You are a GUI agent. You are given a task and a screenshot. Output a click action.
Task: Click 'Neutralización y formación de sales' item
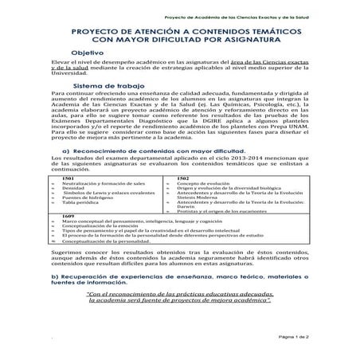pyautogui.click(x=101, y=205)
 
